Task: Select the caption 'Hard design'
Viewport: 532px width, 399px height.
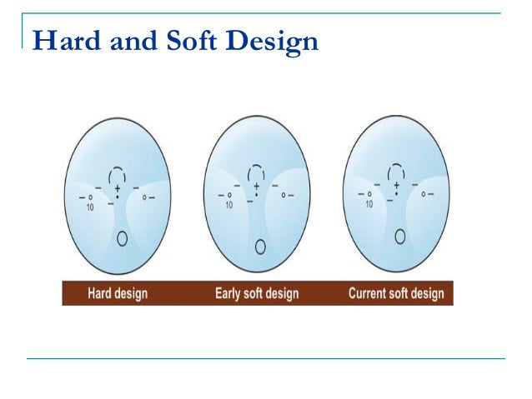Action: click(x=118, y=293)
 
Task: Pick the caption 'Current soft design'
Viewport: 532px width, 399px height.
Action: click(x=396, y=293)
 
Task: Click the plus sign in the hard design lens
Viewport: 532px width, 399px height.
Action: click(x=118, y=189)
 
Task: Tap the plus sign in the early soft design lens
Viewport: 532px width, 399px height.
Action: click(x=257, y=187)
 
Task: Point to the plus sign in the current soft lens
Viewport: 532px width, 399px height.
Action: click(x=397, y=184)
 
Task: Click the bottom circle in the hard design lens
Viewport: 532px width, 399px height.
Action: click(x=122, y=238)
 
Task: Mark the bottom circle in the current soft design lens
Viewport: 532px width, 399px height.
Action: click(x=400, y=236)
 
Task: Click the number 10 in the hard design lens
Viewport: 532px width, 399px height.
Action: click(x=89, y=205)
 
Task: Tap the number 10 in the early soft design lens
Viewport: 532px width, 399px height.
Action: click(x=228, y=203)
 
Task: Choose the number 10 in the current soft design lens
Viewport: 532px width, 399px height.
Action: click(x=368, y=202)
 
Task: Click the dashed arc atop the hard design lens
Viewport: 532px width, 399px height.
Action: click(x=118, y=172)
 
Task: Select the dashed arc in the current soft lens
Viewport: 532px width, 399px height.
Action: click(x=397, y=168)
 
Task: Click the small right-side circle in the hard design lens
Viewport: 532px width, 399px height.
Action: click(x=145, y=197)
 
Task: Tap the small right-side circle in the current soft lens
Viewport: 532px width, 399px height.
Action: click(x=424, y=194)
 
